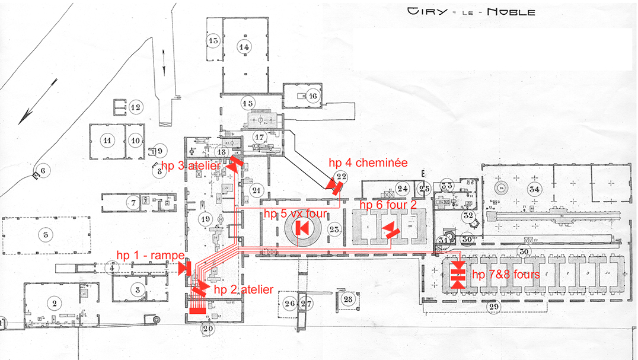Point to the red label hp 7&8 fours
(506, 275)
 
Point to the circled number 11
(107, 141)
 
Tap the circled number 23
(334, 229)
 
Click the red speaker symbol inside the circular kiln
(301, 227)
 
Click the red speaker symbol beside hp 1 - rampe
(184, 268)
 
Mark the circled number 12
(136, 107)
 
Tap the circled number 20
(208, 329)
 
